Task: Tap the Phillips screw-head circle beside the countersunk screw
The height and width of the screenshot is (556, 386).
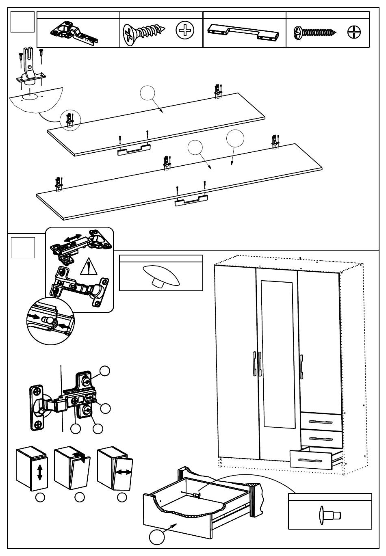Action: pyautogui.click(x=185, y=31)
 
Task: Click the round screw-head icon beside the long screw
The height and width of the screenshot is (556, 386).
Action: pyautogui.click(x=354, y=32)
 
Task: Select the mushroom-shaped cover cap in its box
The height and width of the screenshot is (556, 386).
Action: pyautogui.click(x=160, y=275)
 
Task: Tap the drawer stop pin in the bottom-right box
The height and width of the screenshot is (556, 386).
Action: pyautogui.click(x=330, y=515)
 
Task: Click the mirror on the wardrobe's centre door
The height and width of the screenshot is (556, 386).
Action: pyautogui.click(x=277, y=354)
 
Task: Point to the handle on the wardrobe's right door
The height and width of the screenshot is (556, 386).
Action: pyautogui.click(x=301, y=365)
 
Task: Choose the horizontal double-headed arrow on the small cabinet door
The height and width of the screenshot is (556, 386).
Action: pyautogui.click(x=124, y=472)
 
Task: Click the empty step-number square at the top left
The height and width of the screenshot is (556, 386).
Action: pyautogui.click(x=22, y=22)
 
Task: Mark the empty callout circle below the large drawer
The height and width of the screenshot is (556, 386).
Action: pyautogui.click(x=156, y=537)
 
